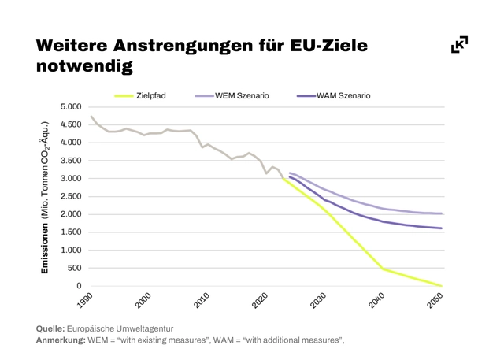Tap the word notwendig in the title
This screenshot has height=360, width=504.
pos(83,66)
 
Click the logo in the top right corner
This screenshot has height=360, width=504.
pos(459,45)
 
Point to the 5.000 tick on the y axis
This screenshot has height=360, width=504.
pos(71,107)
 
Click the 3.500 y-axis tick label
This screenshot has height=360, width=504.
pos(71,161)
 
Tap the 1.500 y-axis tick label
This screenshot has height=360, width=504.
pos(71,232)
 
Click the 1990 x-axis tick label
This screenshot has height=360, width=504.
pos(83,302)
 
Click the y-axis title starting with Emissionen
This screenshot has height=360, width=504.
pos(46,197)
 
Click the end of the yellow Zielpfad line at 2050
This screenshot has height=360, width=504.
pos(442,286)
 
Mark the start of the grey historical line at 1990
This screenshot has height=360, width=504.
pos(92,117)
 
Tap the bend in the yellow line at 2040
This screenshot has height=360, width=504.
pos(384,269)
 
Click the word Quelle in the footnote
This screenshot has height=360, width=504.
pos(51,328)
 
